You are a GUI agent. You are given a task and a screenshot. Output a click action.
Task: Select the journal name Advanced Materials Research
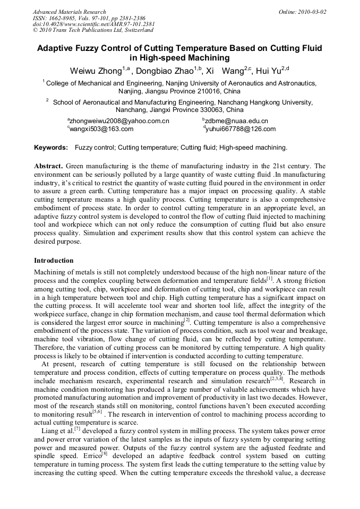click(70, 12)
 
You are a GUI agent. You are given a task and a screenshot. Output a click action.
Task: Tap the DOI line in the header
click(94, 24)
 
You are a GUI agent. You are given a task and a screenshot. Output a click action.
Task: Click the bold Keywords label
click(51, 148)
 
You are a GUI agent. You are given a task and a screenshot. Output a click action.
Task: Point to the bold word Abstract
click(49, 166)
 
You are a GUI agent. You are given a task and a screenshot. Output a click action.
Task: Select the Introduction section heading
click(54, 261)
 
